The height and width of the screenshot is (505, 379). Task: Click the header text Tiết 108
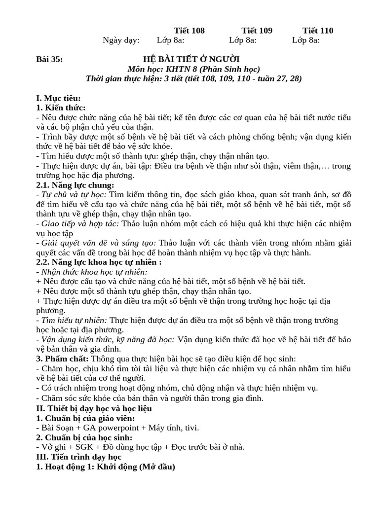tap(189, 31)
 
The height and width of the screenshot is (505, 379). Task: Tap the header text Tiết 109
tap(257, 31)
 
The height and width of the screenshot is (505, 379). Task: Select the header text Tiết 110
tap(318, 31)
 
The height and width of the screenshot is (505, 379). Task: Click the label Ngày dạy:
tap(121, 40)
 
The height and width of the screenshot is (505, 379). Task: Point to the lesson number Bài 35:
tap(50, 60)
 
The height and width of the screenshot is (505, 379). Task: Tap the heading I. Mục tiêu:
tap(58, 98)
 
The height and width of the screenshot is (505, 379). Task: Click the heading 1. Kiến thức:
tap(61, 108)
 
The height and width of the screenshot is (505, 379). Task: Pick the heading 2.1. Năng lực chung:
tap(75, 185)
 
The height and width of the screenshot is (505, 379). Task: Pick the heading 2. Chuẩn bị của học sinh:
tap(84, 437)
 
